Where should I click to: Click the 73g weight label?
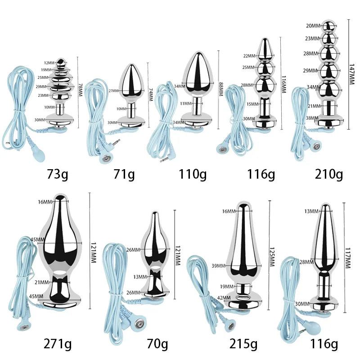(58, 174)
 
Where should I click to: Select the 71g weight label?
(124, 174)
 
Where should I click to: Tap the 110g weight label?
(193, 174)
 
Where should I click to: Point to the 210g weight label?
(329, 174)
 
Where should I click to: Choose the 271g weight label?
(58, 344)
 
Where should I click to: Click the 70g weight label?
(157, 344)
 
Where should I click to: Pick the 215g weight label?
(243, 344)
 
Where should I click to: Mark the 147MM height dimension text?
(352, 74)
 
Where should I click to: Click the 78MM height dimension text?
(80, 89)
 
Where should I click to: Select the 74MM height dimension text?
(151, 94)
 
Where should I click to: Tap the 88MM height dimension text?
(221, 89)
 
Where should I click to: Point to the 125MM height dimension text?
(272, 256)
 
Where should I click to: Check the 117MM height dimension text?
(348, 258)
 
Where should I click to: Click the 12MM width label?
(49, 63)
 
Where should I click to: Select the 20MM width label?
(313, 26)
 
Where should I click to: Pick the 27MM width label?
(114, 91)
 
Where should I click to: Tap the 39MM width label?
(219, 266)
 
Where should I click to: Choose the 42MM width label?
(224, 298)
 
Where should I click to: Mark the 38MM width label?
(312, 118)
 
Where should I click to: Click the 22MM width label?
(249, 56)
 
